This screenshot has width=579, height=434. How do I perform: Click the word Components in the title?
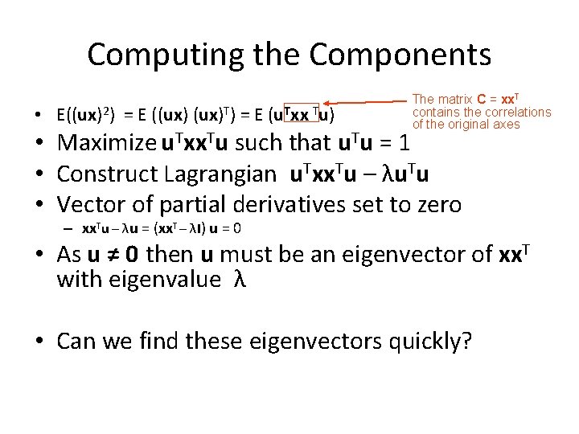pos(400,55)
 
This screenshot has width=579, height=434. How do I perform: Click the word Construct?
pos(107,174)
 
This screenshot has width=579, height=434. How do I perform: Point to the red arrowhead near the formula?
pos(329,103)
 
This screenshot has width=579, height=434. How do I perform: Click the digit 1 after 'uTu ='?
pos(405,145)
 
